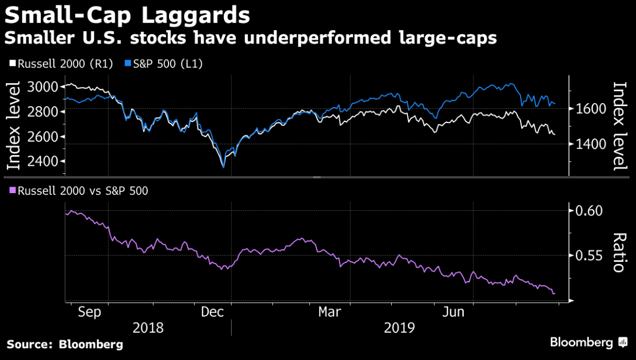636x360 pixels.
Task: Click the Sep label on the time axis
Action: tap(89, 312)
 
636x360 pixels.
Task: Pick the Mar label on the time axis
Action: tap(330, 312)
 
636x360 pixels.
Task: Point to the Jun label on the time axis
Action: tap(454, 312)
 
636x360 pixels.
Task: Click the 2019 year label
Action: tap(400, 328)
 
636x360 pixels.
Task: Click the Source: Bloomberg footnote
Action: tap(65, 344)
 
